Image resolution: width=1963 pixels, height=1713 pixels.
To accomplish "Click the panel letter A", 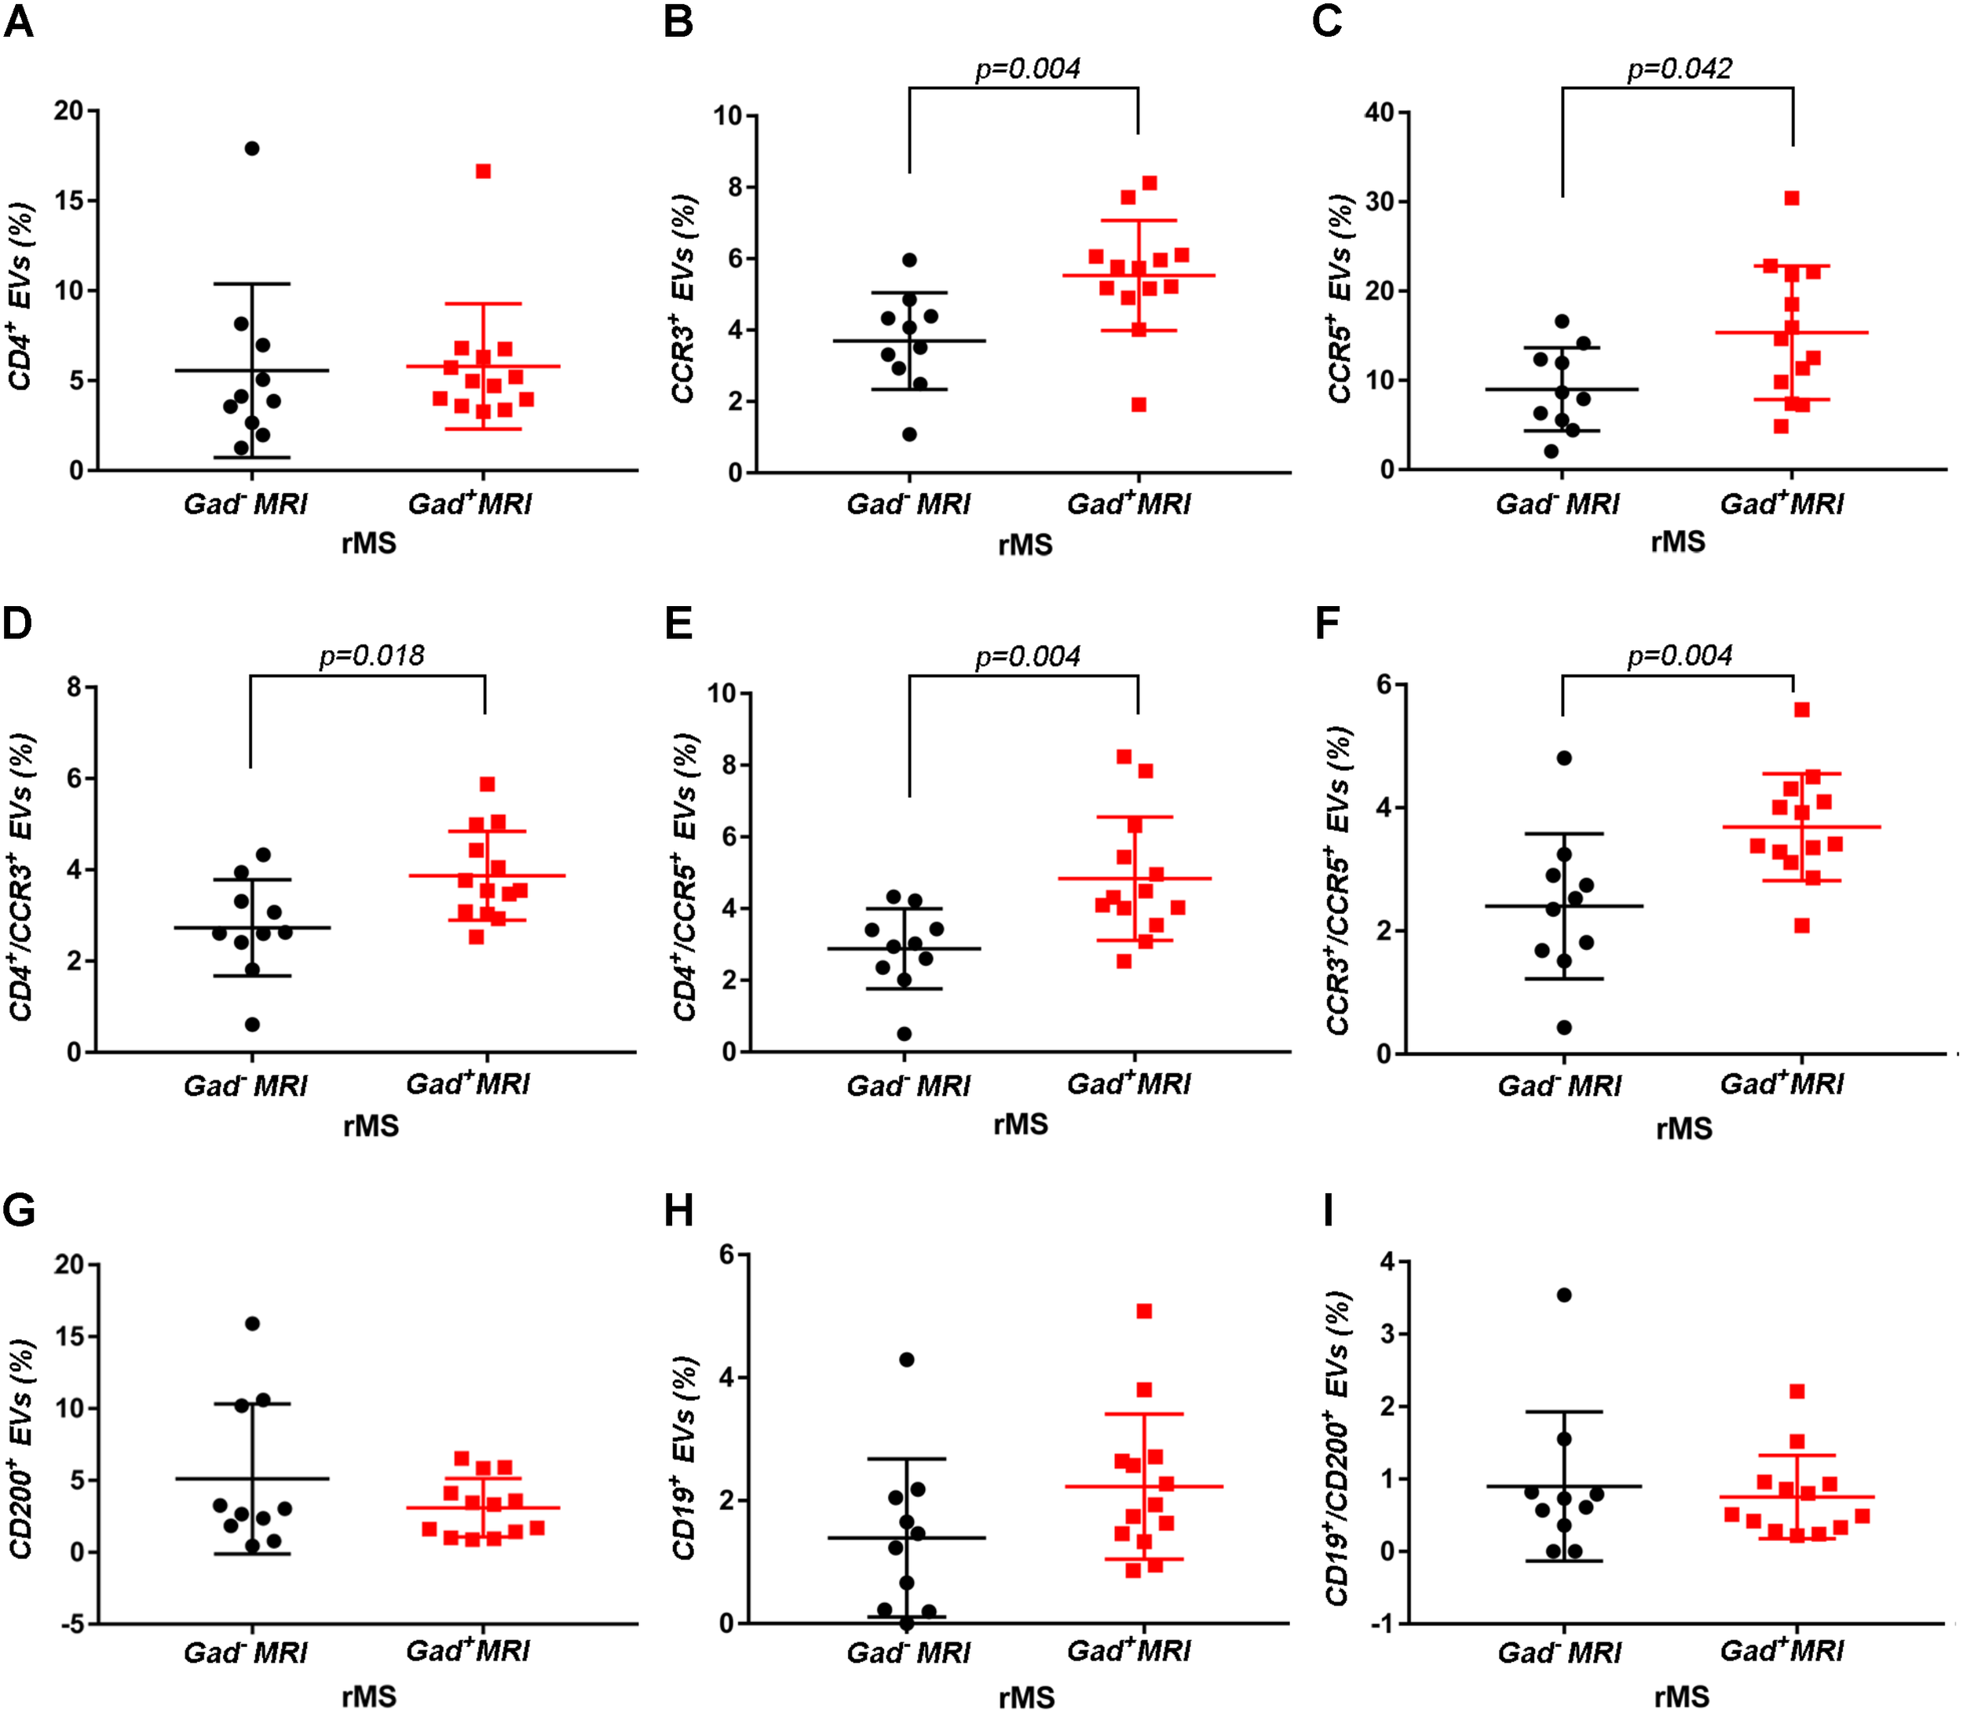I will (19, 21).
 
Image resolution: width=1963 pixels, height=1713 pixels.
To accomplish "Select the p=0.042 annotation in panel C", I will (1679, 69).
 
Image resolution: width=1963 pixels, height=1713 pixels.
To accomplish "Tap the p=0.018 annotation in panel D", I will (371, 656).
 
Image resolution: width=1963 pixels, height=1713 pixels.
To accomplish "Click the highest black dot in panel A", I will (252, 148).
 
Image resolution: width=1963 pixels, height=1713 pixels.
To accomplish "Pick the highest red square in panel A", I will (484, 171).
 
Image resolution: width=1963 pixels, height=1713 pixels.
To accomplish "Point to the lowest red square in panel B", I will (1139, 404).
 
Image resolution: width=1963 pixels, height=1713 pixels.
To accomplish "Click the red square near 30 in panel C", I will (1792, 198).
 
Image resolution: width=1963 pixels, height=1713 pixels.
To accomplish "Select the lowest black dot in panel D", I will (252, 1025).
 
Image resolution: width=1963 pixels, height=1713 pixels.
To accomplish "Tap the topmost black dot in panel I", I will (1564, 1295).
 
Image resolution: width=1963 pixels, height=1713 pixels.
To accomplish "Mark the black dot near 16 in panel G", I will (252, 1324).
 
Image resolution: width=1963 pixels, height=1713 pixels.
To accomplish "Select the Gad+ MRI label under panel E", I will (1128, 1084).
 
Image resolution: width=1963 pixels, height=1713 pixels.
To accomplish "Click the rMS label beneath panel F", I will (1683, 1129).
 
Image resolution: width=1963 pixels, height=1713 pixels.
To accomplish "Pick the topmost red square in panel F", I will (1802, 709).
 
